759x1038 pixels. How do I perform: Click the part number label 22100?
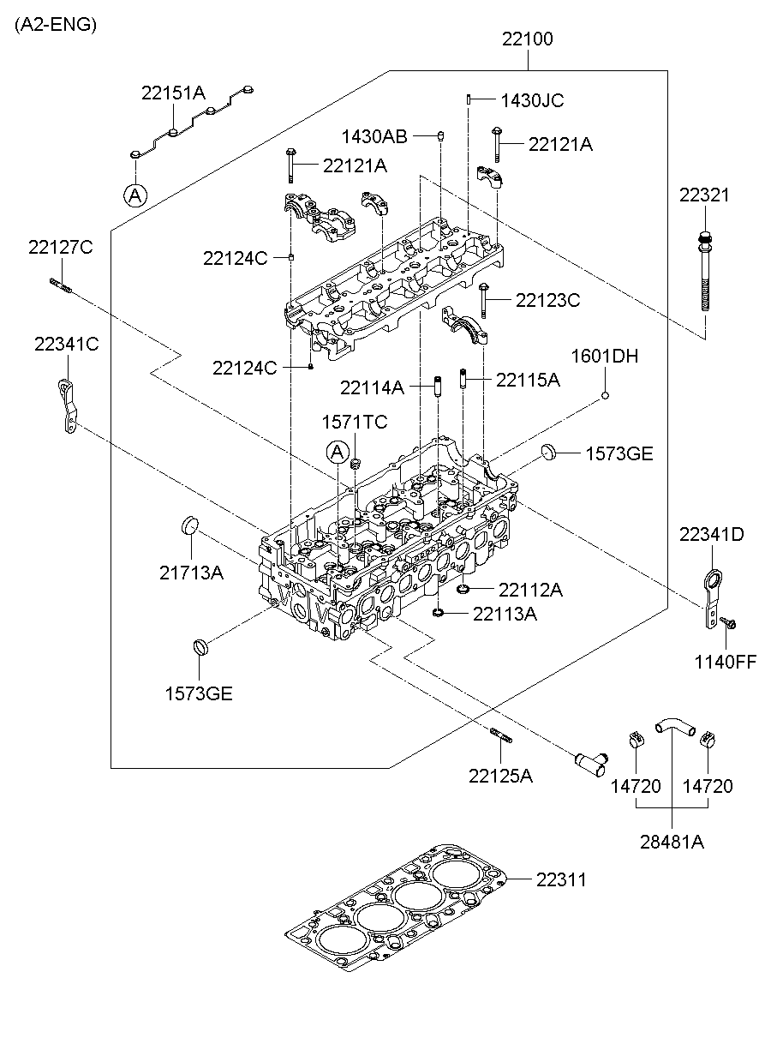[x=527, y=39]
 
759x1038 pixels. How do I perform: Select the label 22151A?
[x=174, y=93]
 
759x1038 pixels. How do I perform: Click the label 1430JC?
[x=531, y=100]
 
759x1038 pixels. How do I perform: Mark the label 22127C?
[x=60, y=248]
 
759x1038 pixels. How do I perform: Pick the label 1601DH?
[x=605, y=356]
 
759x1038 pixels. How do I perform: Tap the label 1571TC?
[x=355, y=422]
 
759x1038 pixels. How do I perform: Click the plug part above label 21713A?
[x=189, y=525]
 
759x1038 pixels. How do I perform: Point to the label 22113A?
[x=505, y=614]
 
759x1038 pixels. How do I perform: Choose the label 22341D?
[x=711, y=535]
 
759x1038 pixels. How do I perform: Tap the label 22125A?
[x=500, y=776]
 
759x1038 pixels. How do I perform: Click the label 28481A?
[x=672, y=842]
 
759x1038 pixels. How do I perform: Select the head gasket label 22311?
[x=562, y=879]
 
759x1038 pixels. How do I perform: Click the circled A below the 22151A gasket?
[x=134, y=195]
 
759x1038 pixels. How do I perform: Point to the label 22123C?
[x=548, y=300]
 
